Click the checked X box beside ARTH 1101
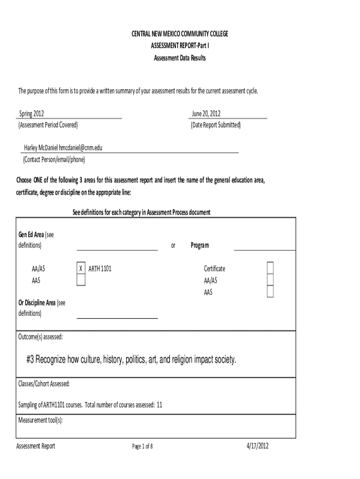click(x=81, y=269)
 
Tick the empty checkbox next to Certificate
click(x=270, y=269)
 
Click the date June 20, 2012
click(x=206, y=114)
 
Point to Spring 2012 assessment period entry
click(x=32, y=114)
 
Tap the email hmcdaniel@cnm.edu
click(x=80, y=148)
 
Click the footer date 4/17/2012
click(x=258, y=446)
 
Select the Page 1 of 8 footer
click(x=143, y=446)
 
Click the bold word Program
click(x=200, y=245)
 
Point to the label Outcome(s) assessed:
click(x=40, y=336)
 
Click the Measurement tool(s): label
click(x=40, y=420)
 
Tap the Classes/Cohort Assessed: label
click(x=44, y=384)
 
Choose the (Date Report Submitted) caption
click(x=216, y=125)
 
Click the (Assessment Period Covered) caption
click(x=48, y=125)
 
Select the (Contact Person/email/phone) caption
click(x=54, y=159)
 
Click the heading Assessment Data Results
click(x=180, y=58)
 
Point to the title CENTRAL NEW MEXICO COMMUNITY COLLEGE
click(x=180, y=34)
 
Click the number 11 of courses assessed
click(x=159, y=405)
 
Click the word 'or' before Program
click(x=173, y=246)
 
